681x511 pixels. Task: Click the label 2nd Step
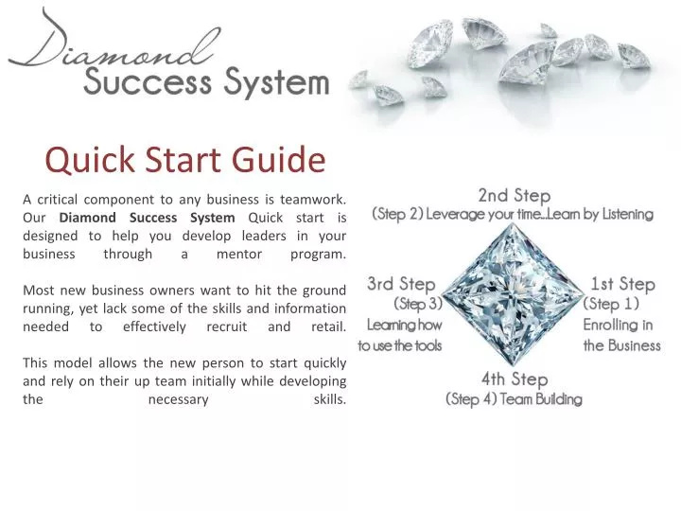514,196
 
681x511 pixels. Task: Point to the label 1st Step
622,284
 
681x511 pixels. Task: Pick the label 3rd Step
401,284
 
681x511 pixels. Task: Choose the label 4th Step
514,379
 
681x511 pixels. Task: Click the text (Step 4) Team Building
514,398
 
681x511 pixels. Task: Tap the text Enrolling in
618,325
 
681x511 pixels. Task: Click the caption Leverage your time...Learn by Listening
539,215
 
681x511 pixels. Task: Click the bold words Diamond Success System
154,217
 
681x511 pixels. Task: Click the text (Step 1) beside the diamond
612,304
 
